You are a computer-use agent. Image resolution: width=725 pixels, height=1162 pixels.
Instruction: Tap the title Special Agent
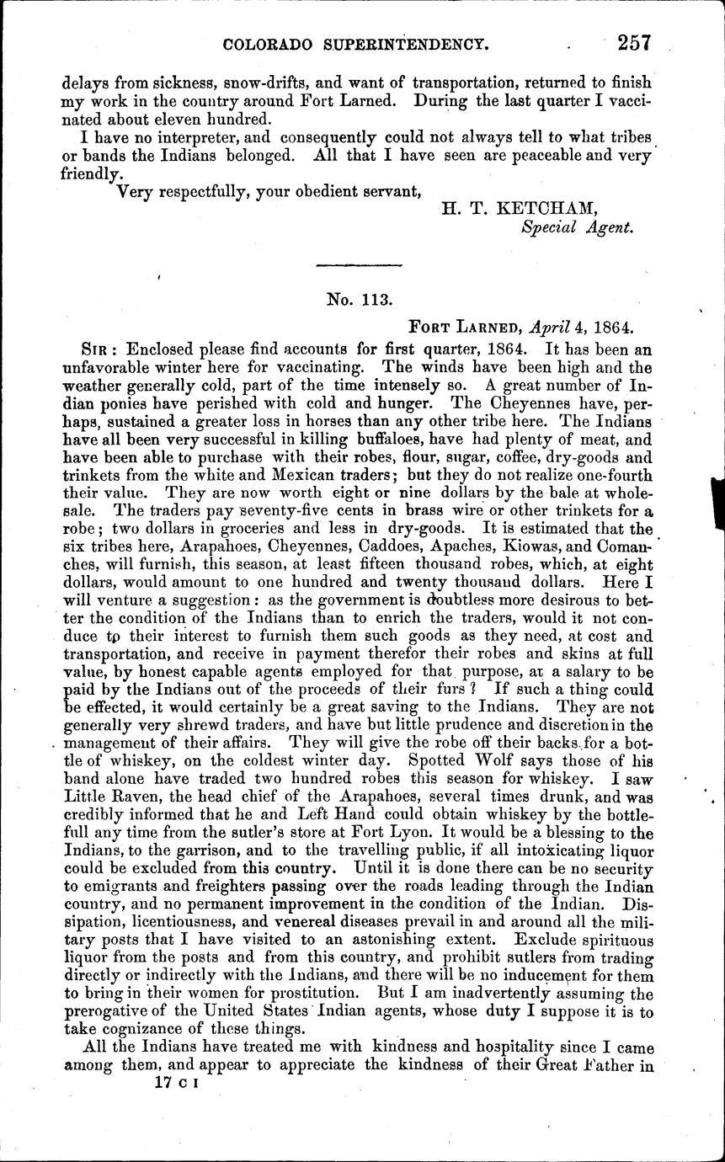(577, 227)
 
